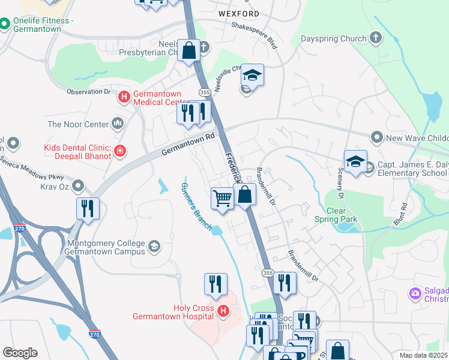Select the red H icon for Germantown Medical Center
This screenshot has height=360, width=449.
pyautogui.click(x=124, y=96)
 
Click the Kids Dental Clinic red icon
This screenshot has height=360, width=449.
pyautogui.click(x=121, y=150)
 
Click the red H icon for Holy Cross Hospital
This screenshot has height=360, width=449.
pyautogui.click(x=223, y=311)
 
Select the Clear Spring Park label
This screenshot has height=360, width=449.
pyautogui.click(x=336, y=215)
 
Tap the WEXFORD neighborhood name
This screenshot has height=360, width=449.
pyautogui.click(x=239, y=13)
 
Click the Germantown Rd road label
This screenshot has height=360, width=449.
pyautogui.click(x=188, y=145)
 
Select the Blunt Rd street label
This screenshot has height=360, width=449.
pyautogui.click(x=404, y=214)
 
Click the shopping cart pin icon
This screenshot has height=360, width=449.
pyautogui.click(x=223, y=198)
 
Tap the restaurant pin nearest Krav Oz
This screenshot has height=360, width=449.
pyautogui.click(x=88, y=209)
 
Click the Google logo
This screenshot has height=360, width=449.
pyautogui.click(x=20, y=353)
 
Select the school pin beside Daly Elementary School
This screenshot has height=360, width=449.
pyautogui.click(x=355, y=161)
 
